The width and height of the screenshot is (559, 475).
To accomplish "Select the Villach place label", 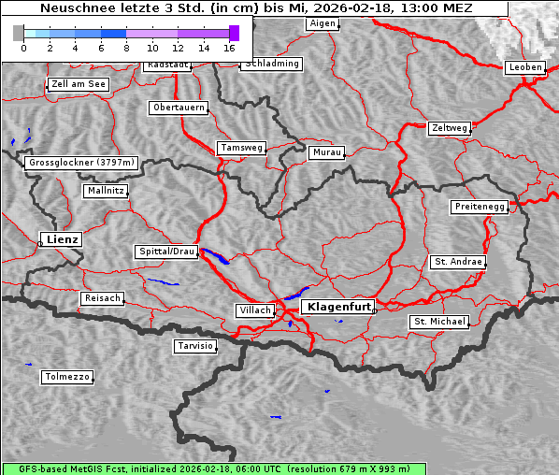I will click(254, 310).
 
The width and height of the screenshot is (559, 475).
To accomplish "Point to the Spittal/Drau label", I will click(167, 252).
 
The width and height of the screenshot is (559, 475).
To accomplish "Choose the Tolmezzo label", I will click(67, 377).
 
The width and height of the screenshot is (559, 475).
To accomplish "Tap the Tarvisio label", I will click(195, 346).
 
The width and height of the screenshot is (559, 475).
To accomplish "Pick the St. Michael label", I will click(439, 322).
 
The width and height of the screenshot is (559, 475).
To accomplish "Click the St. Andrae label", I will click(457, 262).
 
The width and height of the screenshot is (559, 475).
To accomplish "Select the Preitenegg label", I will click(480, 207).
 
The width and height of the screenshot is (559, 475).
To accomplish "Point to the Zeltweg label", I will click(449, 127).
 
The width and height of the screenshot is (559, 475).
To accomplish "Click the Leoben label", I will click(524, 67).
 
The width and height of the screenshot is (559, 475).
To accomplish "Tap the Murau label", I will click(327, 151).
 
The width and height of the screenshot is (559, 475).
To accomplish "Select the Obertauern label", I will click(179, 108).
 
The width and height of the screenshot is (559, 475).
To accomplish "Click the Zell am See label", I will click(79, 84).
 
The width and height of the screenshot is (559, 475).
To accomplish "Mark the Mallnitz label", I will click(105, 191).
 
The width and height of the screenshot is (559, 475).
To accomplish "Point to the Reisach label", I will click(103, 298).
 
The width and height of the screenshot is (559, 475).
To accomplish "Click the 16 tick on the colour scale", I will click(229, 47).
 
